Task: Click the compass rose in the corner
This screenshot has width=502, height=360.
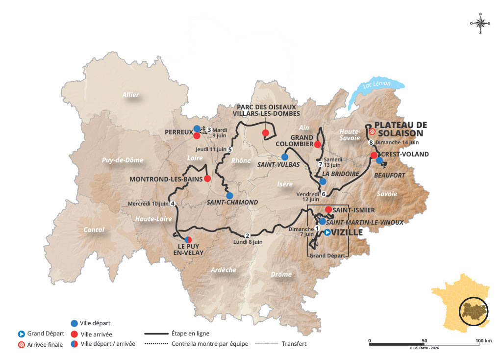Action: pyautogui.click(x=480, y=23)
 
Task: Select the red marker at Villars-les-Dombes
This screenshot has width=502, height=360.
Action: pyautogui.click(x=265, y=133)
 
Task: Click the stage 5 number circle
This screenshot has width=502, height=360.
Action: pyautogui.click(x=230, y=149)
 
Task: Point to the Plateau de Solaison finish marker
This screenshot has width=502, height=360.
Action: pyautogui.click(x=372, y=131)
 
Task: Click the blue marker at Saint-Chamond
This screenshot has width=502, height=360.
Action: pyautogui.click(x=229, y=195)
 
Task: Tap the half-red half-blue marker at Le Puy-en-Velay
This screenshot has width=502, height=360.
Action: pyautogui.click(x=188, y=239)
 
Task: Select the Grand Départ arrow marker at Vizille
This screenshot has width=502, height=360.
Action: pyautogui.click(x=327, y=232)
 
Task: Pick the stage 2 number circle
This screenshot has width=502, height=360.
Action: pyautogui.click(x=247, y=235)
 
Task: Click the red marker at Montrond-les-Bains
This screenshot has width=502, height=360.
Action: pyautogui.click(x=207, y=179)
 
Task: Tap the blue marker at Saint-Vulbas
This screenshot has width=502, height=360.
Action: pyautogui.click(x=285, y=157)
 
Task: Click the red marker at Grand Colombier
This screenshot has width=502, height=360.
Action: pyautogui.click(x=318, y=144)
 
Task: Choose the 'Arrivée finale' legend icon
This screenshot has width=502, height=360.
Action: pyautogui.click(x=21, y=344)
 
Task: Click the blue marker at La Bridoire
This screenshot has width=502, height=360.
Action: pyautogui.click(x=323, y=181)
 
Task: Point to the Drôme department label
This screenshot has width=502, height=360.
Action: pyautogui.click(x=281, y=275)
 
